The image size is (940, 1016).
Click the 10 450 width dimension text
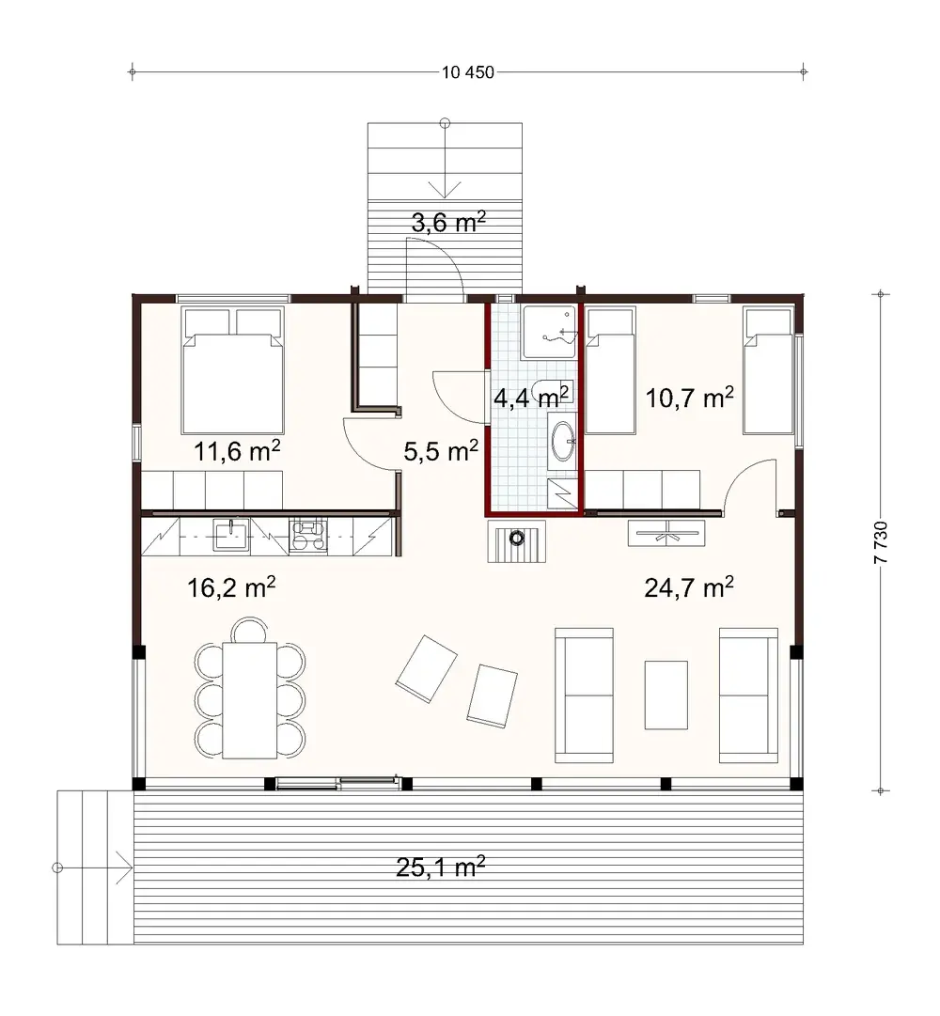(467, 72)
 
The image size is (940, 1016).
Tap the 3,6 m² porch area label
(448, 223)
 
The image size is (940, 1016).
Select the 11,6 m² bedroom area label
(237, 450)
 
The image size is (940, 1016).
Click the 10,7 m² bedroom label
(690, 398)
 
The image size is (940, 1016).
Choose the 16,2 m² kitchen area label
(231, 588)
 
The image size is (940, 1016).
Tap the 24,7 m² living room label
(689, 588)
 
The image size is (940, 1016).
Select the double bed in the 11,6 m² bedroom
(232, 381)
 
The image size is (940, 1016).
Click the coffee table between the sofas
(666, 694)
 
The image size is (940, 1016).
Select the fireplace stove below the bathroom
(515, 540)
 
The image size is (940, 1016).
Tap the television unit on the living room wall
(666, 533)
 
